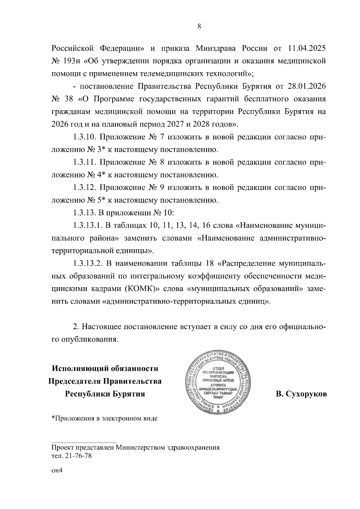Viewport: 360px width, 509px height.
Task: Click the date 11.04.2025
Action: click(307, 48)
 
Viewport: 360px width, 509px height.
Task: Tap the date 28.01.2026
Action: click(307, 87)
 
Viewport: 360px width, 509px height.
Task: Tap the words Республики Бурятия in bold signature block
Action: click(105, 394)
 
